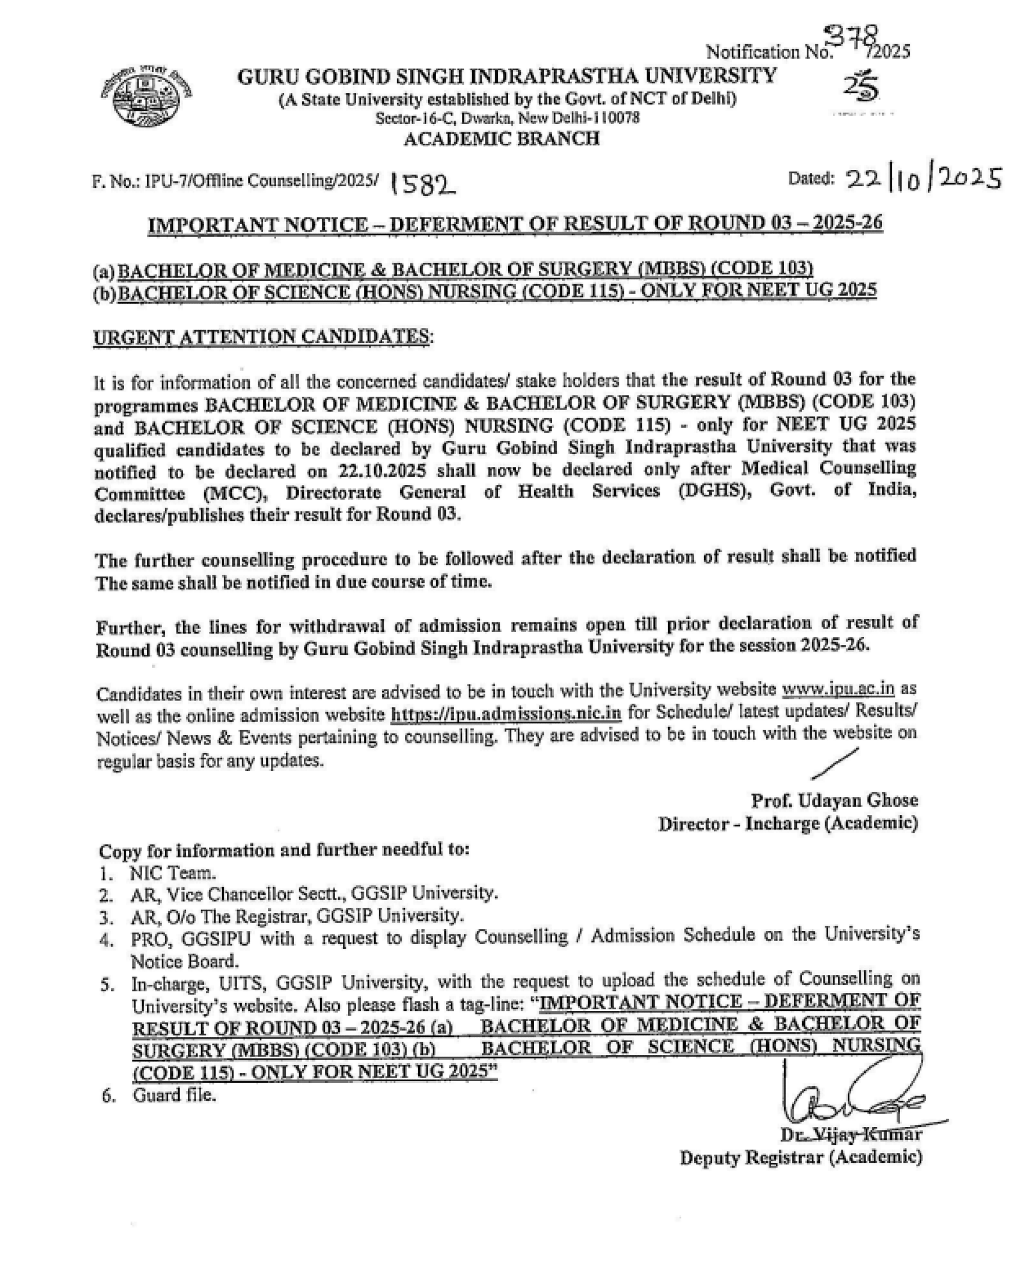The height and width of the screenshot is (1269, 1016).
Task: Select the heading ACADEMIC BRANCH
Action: tap(501, 139)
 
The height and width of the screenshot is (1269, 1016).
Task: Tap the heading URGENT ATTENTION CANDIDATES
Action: tap(261, 337)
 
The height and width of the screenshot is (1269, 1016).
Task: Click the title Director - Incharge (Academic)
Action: tap(788, 824)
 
